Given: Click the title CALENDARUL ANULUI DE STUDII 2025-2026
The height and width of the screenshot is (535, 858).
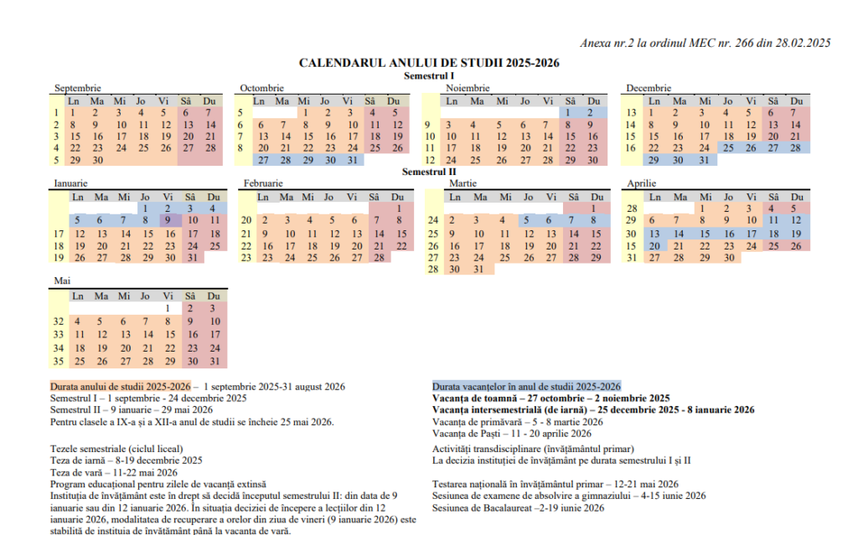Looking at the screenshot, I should pyautogui.click(x=429, y=63).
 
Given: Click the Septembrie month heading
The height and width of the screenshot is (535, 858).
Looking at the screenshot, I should pyautogui.click(x=78, y=88).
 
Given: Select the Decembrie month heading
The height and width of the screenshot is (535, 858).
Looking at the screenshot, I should pyautogui.click(x=649, y=88).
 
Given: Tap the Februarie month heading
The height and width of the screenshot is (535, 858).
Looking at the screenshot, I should pyautogui.click(x=263, y=183).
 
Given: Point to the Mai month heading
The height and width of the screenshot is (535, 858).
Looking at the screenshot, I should pyautogui.click(x=63, y=279).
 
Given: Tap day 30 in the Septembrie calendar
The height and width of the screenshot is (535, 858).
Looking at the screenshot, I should pyautogui.click(x=98, y=160).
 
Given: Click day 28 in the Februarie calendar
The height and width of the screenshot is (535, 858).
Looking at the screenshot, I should pyautogui.click(x=380, y=258).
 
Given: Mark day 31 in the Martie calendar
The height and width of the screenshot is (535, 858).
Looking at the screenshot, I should pyautogui.click(x=478, y=270).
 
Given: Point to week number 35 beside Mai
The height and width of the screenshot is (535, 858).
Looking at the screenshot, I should pyautogui.click(x=58, y=362).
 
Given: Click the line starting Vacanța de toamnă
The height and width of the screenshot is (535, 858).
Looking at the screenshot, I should pyautogui.click(x=551, y=399).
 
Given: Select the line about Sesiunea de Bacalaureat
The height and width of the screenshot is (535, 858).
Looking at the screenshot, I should pyautogui.click(x=518, y=508).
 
